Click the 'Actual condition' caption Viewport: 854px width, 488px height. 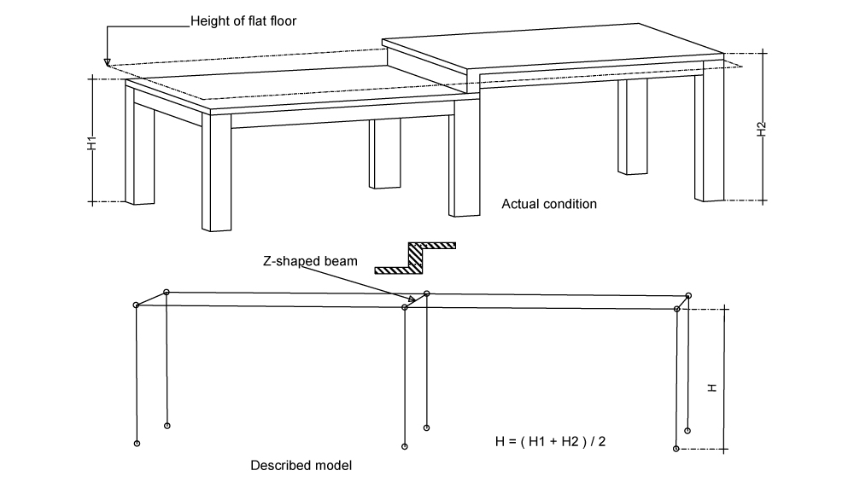click(548, 205)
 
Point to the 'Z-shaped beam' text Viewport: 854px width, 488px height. click(310, 262)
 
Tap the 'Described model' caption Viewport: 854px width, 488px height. click(301, 467)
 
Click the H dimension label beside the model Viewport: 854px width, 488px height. click(712, 386)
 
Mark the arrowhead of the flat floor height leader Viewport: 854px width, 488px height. click(107, 62)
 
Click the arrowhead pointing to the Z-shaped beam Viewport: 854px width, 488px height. click(411, 299)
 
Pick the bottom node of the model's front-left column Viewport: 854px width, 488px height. click(137, 444)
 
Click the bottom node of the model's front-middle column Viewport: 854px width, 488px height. click(405, 446)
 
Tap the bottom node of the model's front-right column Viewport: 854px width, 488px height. click(676, 448)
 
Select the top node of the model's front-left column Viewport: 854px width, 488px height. click(137, 305)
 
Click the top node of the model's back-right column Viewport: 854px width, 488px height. click(688, 295)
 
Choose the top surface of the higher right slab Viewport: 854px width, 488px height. click(555, 51)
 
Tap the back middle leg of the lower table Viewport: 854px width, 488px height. click(384, 154)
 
